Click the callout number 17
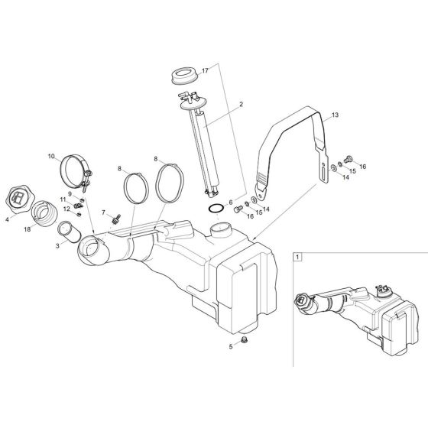(x=205, y=70)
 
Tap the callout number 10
(x=52, y=157)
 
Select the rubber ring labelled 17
(x=183, y=77)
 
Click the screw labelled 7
(x=117, y=219)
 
